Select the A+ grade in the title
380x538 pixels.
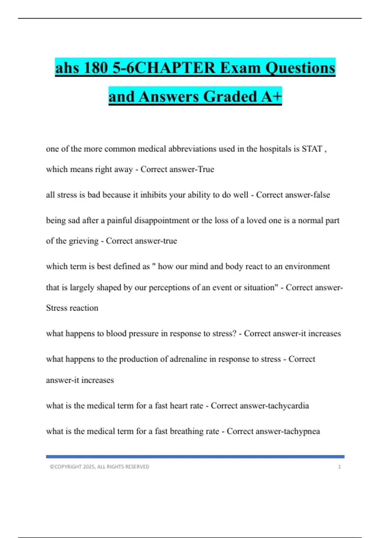coord(271,96)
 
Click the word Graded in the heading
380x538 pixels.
coord(230,96)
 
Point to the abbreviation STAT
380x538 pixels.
coord(312,149)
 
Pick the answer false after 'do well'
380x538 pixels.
coord(321,195)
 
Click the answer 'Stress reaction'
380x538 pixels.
coord(72,308)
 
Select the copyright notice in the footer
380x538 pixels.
coord(99,467)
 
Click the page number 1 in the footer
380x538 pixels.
coord(339,467)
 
